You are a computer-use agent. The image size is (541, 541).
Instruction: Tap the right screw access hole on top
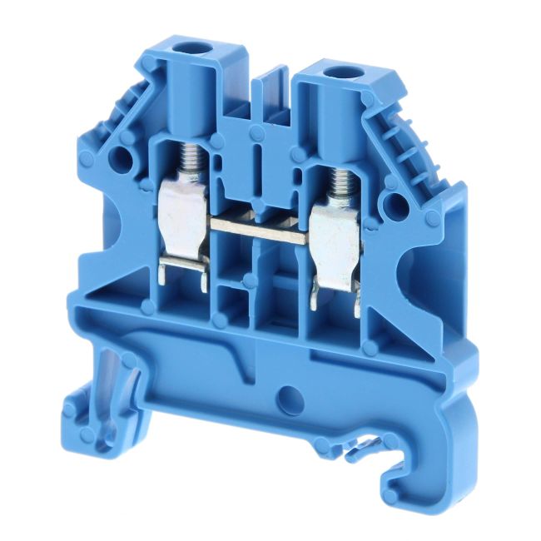tap(337, 74)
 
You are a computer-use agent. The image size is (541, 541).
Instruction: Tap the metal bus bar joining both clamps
tap(258, 225)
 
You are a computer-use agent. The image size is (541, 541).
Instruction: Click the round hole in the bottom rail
tap(289, 395)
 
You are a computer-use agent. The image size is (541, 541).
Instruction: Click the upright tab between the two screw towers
tap(271, 92)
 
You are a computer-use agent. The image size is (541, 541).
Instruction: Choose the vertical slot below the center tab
tap(260, 158)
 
